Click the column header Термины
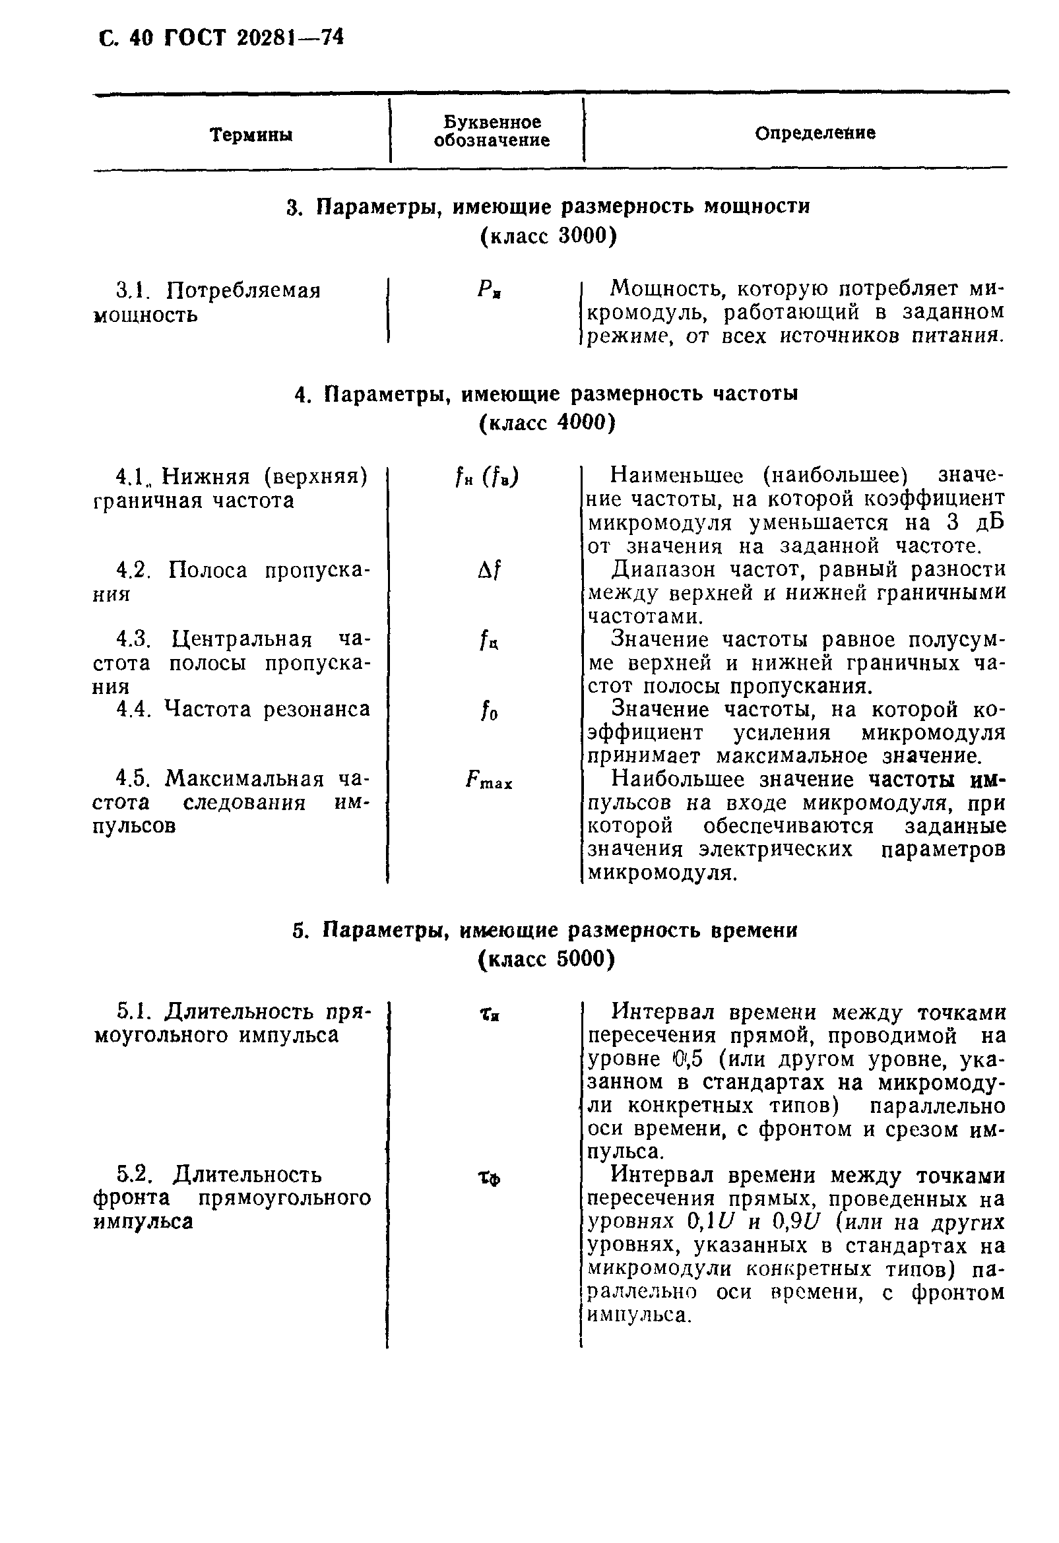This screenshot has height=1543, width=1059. [x=251, y=135]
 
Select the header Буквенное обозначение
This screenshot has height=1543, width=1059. [x=492, y=131]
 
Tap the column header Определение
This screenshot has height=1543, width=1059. [x=815, y=133]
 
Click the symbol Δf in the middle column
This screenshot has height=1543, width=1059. [x=489, y=569]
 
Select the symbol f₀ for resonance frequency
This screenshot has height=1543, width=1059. [x=489, y=711]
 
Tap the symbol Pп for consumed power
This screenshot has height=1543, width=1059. [x=489, y=290]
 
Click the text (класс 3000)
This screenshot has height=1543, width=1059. [x=548, y=236]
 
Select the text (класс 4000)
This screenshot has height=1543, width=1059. [x=547, y=422]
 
